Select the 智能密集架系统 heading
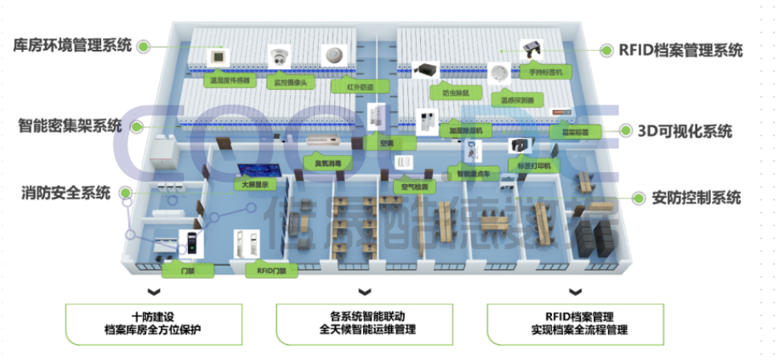pos(71,126)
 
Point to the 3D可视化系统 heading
pos(685,130)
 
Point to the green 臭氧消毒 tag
pos(327,161)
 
